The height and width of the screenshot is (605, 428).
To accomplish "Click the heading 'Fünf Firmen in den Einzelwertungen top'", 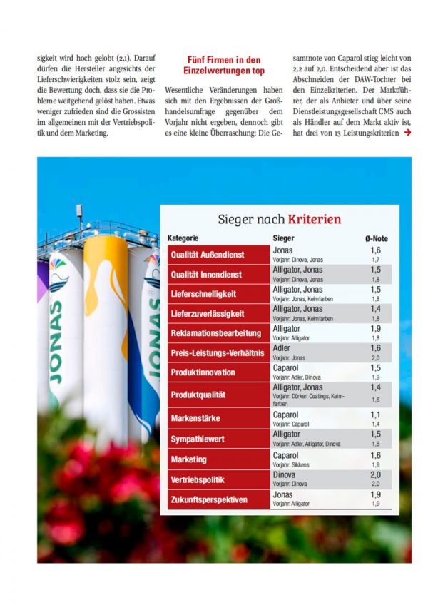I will click(x=225, y=66).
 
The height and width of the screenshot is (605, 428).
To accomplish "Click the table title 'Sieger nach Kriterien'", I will click(x=279, y=219).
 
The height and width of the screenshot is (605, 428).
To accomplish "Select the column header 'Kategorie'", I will click(x=183, y=238).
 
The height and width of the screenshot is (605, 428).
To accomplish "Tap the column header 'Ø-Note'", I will click(x=376, y=238).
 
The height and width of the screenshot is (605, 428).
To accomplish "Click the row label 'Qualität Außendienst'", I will click(x=207, y=255).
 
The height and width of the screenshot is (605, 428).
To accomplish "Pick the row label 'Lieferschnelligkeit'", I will click(x=203, y=294).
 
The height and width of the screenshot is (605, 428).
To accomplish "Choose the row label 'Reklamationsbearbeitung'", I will click(x=215, y=333).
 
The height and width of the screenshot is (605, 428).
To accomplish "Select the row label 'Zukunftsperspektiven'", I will click(x=210, y=499).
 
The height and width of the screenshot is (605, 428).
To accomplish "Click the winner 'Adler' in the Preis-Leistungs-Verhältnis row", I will click(x=282, y=348).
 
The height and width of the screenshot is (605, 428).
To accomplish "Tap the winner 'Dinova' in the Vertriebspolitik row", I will click(x=285, y=474).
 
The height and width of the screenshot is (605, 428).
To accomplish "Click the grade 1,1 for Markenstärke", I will click(x=375, y=415).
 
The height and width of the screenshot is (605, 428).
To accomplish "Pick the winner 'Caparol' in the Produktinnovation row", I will click(x=286, y=368).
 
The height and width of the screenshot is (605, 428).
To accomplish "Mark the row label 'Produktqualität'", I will click(x=198, y=395).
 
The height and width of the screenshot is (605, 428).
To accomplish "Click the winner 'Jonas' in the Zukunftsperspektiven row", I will click(x=283, y=494).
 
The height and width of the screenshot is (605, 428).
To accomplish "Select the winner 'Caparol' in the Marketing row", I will click(x=286, y=455).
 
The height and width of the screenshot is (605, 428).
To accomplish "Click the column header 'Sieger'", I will click(x=283, y=238).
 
